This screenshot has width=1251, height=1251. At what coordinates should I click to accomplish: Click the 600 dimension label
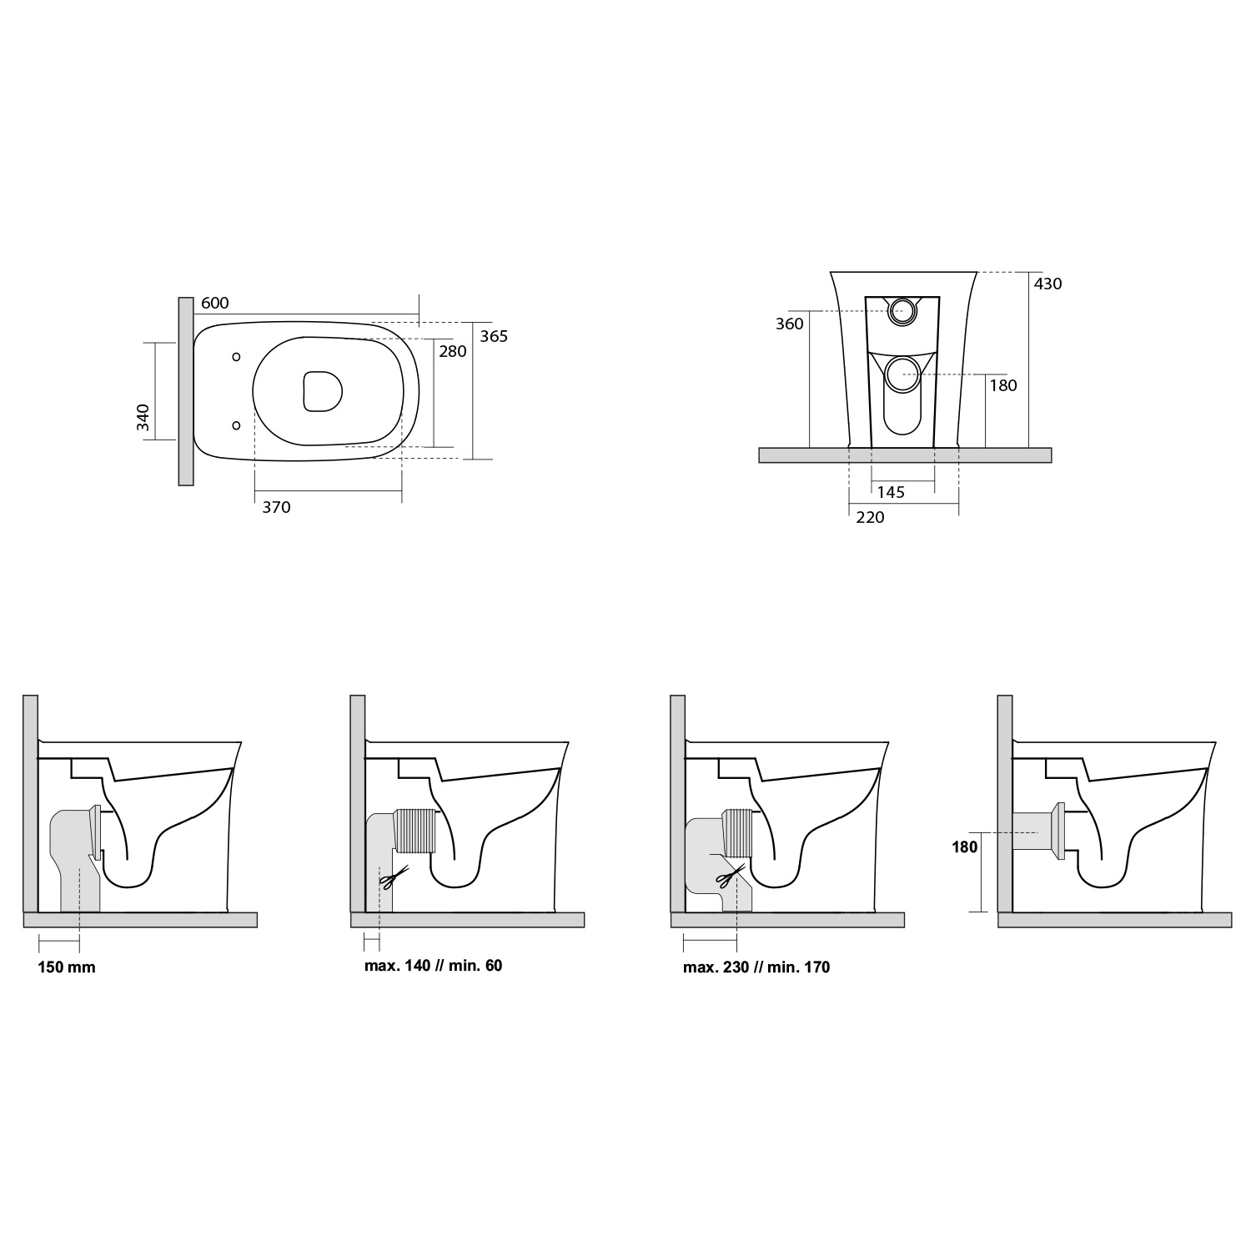tap(214, 304)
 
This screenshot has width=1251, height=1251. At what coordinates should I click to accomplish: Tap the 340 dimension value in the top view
tap(143, 417)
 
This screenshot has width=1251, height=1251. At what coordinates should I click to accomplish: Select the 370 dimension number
tap(276, 507)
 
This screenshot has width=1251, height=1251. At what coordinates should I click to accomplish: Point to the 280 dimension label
tap(453, 351)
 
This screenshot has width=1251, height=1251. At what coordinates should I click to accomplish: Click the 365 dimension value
tap(494, 337)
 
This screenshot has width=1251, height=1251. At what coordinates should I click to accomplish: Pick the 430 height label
tap(1048, 284)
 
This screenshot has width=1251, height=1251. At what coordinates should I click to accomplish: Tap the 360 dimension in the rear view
tap(789, 324)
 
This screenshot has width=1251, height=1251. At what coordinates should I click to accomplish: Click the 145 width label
tap(891, 492)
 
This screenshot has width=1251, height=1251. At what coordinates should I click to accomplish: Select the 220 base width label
tap(870, 517)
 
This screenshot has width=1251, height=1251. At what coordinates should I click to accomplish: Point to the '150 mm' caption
tap(67, 967)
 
